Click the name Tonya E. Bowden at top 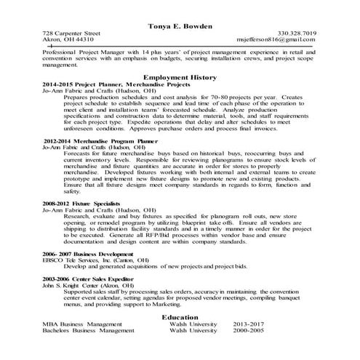pyautogui.click(x=180, y=25)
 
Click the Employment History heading pyautogui.click(x=180, y=76)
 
